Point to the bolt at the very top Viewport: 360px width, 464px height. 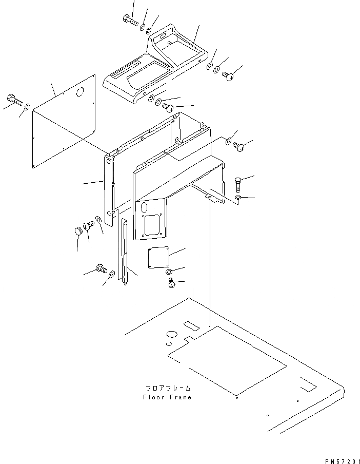[x=130, y=21]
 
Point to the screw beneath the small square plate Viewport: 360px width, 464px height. [x=172, y=282]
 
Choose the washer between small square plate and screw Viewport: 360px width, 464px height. [x=168, y=271]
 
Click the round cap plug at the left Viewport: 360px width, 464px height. [x=78, y=232]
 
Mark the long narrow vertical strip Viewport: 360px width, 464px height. [x=123, y=250]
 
